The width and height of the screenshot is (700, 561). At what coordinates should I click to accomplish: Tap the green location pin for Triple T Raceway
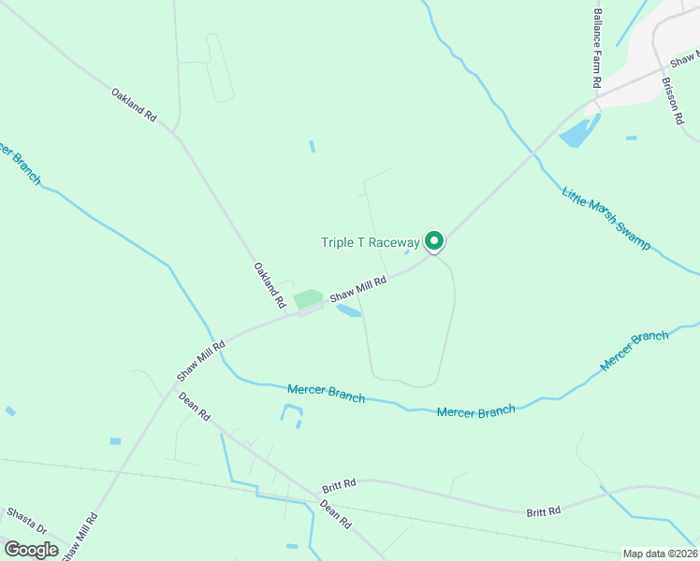tap(434, 241)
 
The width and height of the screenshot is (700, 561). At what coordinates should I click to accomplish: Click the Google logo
tap(31, 550)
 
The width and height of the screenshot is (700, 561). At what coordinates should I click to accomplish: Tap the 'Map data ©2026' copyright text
tap(660, 554)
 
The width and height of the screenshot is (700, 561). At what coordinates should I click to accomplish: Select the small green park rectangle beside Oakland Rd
tap(308, 299)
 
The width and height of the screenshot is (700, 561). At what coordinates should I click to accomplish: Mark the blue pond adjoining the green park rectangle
tap(347, 309)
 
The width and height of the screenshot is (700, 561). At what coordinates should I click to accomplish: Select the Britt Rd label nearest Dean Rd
tap(340, 485)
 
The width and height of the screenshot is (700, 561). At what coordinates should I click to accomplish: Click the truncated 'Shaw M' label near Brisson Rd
tap(685, 58)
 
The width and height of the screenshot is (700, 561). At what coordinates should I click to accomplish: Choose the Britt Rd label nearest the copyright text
tap(543, 511)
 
